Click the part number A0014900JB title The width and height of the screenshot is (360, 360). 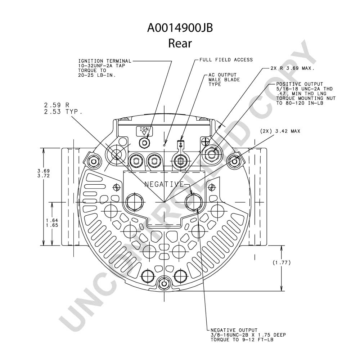coord(180,28)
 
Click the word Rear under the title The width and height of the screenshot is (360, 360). coord(180,43)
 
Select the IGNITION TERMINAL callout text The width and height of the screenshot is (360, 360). coord(105,68)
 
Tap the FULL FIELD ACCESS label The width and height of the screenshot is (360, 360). coord(226,60)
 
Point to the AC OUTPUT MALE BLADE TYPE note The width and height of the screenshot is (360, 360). coord(224,80)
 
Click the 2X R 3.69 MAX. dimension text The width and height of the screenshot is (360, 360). coord(292,68)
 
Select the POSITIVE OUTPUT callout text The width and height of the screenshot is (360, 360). coord(306,94)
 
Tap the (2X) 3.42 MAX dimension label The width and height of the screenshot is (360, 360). coord(280,131)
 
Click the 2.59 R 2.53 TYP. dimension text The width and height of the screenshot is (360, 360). coord(63,108)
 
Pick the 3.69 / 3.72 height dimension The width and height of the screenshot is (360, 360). coord(44,174)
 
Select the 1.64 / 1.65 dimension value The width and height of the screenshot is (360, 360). coord(52,223)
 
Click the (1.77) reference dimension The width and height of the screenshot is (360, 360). coord(282,262)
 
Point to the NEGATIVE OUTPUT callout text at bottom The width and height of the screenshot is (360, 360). coord(248,335)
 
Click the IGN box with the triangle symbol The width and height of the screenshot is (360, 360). coord(144,131)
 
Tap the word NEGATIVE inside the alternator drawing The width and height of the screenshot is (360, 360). coord(165,184)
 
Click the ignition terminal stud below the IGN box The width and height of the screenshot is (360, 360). coord(145,143)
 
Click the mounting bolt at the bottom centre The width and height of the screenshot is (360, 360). coord(164,284)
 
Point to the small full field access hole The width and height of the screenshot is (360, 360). coord(165,145)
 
